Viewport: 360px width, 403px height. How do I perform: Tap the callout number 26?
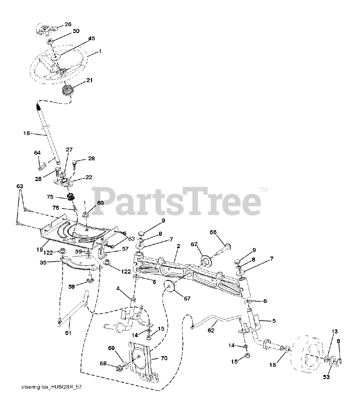68,24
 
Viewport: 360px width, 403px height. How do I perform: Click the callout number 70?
164,358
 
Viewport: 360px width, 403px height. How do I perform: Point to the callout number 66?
213,232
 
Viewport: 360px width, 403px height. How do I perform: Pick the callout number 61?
68,333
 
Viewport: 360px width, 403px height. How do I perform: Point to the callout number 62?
211,330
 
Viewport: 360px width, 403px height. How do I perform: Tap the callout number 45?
83,38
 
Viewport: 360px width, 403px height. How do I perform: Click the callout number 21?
89,80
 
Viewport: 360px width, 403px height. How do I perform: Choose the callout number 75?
50,197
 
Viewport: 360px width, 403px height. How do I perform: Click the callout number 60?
100,203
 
